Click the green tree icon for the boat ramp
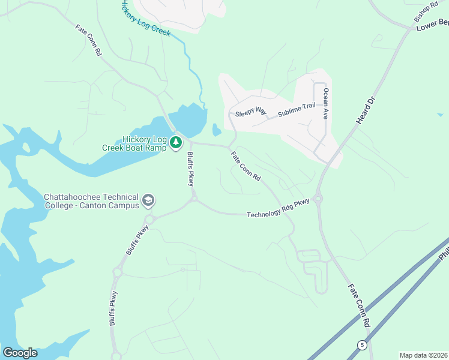[175, 142]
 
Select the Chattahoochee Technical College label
[91, 202]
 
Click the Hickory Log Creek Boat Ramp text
[144, 143]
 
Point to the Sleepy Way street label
[250, 112]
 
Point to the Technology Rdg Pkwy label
[277, 208]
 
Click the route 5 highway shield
[361, 345]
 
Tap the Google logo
[20, 353]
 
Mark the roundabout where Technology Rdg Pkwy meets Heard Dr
[318, 199]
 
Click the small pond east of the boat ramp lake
[216, 130]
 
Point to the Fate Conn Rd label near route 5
[359, 306]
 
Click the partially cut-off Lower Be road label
[432, 24]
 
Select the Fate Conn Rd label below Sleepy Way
[246, 166]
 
